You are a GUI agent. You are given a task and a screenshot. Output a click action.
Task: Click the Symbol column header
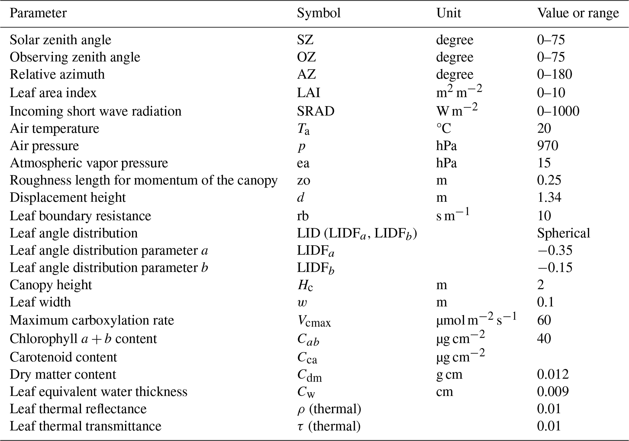pyautogui.click(x=319, y=13)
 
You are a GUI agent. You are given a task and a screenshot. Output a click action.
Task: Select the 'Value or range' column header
pyautogui.click(x=578, y=13)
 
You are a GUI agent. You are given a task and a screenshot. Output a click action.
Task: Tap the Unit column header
pyautogui.click(x=449, y=13)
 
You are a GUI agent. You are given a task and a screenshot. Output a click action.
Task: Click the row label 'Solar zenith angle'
pyautogui.click(x=61, y=40)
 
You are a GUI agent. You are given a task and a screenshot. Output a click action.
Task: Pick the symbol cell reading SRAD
pyautogui.click(x=316, y=111)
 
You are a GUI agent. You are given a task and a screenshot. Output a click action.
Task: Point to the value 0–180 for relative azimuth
pyautogui.click(x=554, y=74)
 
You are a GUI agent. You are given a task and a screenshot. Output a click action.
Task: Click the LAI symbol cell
pyautogui.click(x=309, y=93)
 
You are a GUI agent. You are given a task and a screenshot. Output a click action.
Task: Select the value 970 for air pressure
pyautogui.click(x=547, y=146)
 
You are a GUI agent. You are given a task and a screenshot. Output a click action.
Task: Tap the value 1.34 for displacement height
pyautogui.click(x=549, y=197)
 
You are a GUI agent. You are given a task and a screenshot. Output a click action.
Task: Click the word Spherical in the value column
pyautogui.click(x=564, y=233)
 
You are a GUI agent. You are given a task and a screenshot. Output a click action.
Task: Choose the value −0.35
pyautogui.click(x=555, y=251)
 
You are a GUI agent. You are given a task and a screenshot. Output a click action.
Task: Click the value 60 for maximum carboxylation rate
pyautogui.click(x=544, y=320)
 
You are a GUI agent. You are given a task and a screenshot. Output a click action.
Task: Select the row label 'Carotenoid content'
pyautogui.click(x=63, y=357)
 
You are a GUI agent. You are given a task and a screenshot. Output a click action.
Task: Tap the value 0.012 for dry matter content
pyautogui.click(x=553, y=374)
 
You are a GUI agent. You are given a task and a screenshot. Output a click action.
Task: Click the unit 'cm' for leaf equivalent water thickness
pyautogui.click(x=445, y=392)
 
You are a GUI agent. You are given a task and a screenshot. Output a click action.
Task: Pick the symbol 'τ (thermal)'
pyautogui.click(x=329, y=426)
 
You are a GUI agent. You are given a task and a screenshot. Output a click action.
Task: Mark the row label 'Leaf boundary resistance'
pyautogui.click(x=80, y=216)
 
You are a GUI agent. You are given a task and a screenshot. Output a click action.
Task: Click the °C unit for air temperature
pyautogui.click(x=444, y=129)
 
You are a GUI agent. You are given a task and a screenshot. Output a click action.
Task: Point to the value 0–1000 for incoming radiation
pyautogui.click(x=558, y=111)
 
